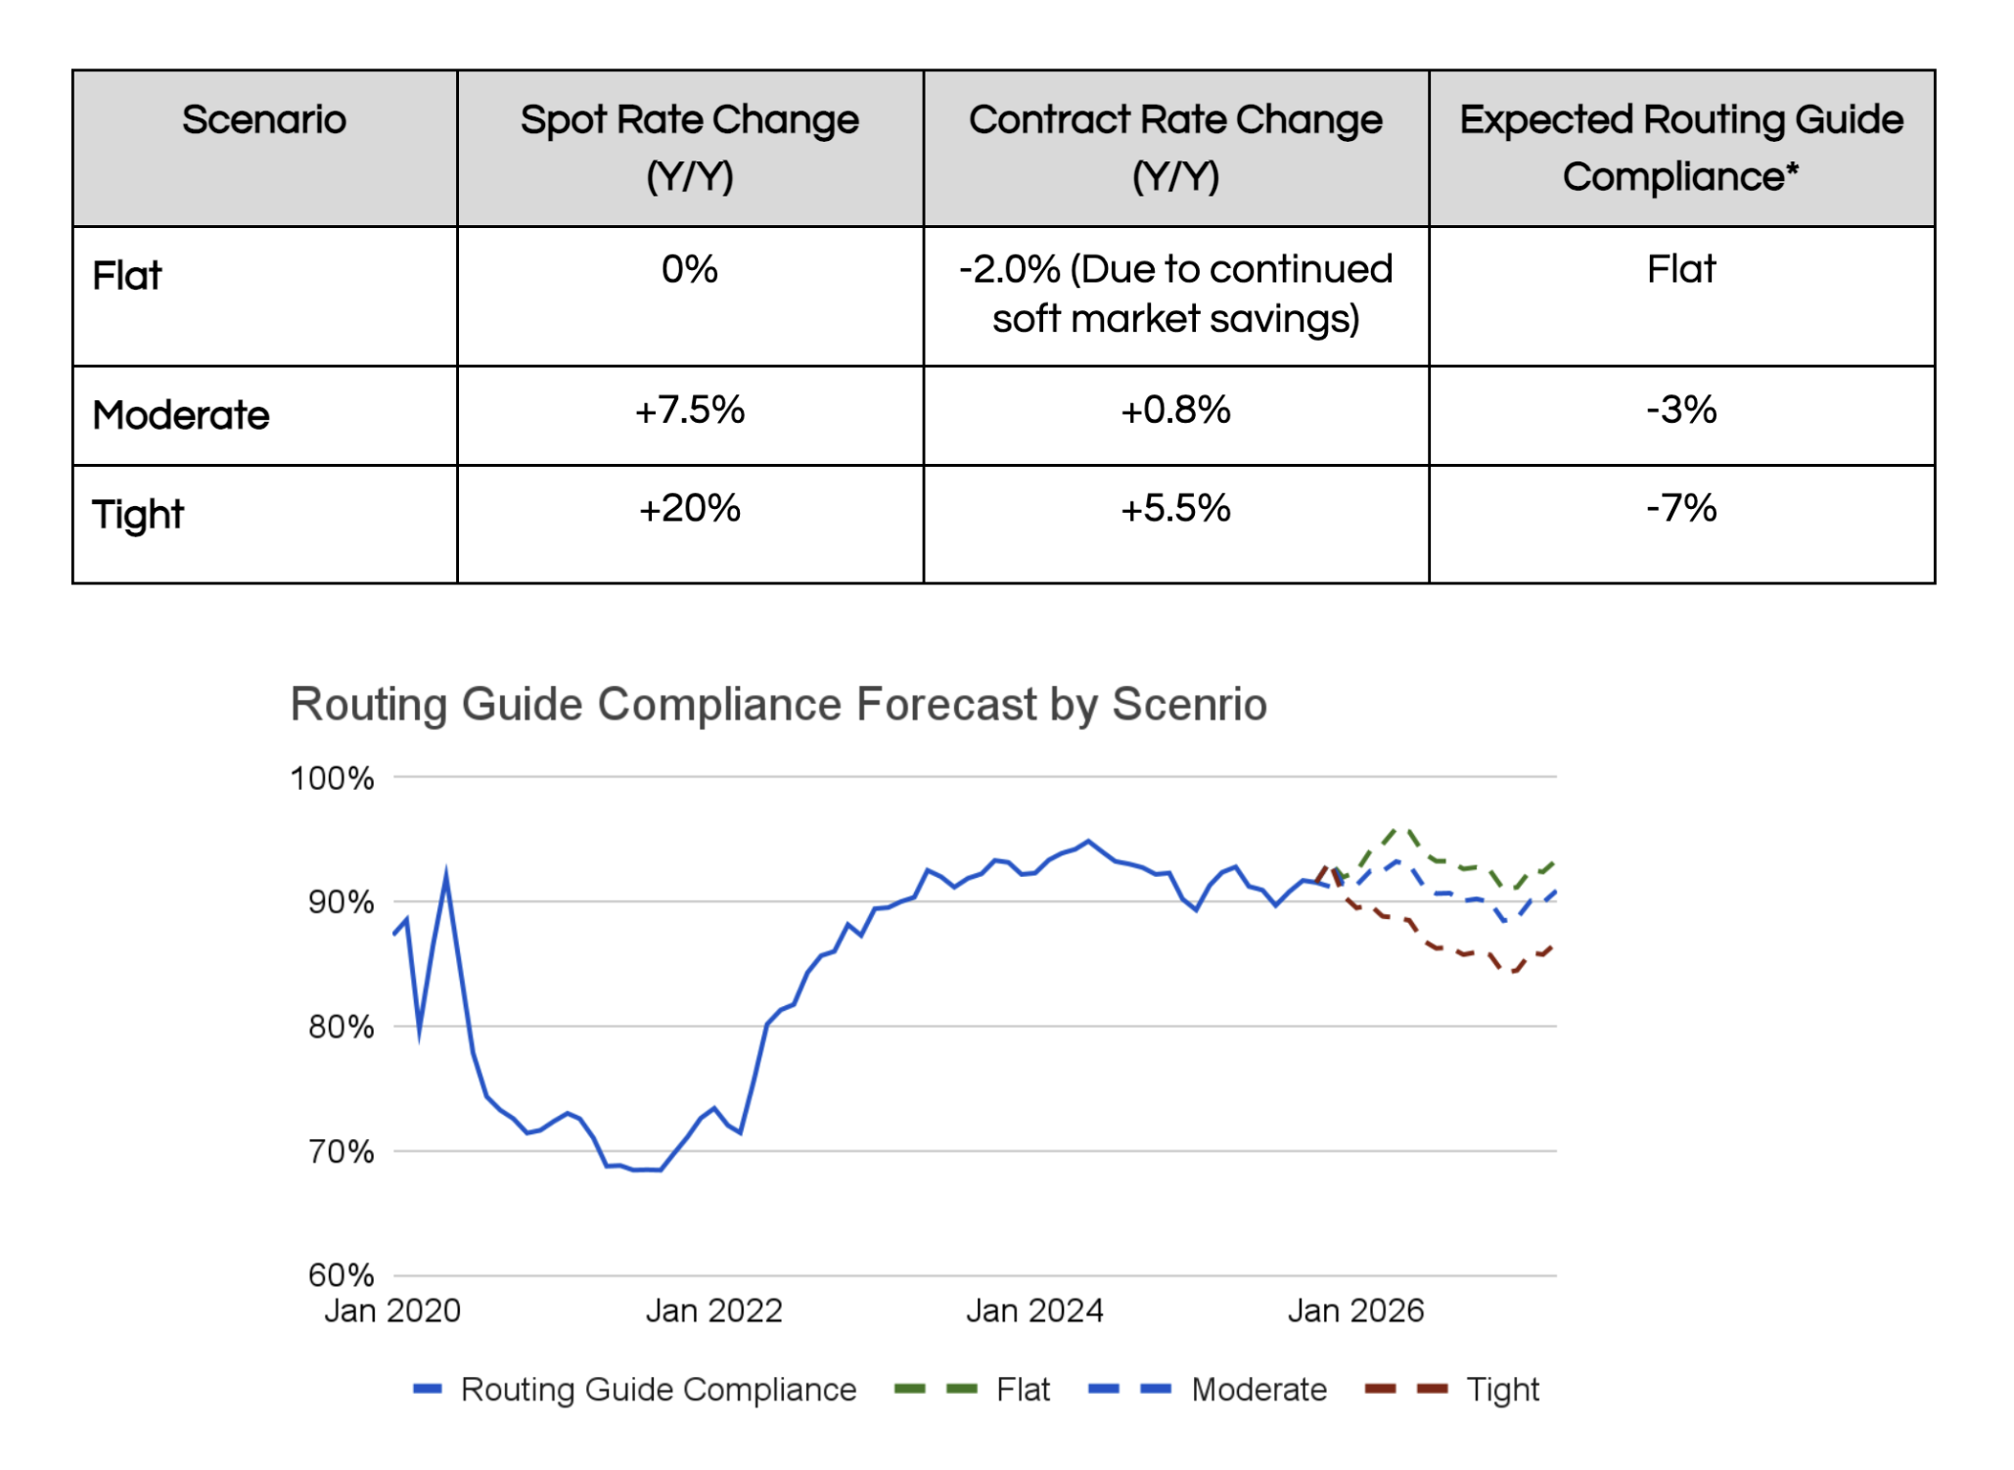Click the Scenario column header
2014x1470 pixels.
(x=264, y=120)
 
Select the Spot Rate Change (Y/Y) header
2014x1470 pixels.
(x=690, y=147)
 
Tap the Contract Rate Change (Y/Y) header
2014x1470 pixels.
(x=1175, y=147)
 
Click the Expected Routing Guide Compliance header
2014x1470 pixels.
(x=1681, y=147)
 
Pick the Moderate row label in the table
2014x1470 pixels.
(x=181, y=415)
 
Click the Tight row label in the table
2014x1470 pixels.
(x=138, y=515)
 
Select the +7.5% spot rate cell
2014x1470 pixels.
(x=690, y=410)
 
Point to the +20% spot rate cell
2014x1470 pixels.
(x=690, y=509)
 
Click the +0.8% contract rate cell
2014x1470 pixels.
(x=1175, y=410)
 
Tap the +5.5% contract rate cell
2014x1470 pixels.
(x=1175, y=509)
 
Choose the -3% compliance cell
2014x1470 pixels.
(x=1681, y=410)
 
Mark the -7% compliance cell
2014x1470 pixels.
(x=1681, y=509)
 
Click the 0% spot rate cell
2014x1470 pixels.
(x=690, y=269)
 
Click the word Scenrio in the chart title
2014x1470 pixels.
(x=1189, y=705)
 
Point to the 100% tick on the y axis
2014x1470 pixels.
(x=333, y=779)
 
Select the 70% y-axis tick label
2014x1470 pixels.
(x=341, y=1152)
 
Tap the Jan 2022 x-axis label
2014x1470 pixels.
(x=714, y=1310)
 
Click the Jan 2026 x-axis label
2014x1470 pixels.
(x=1355, y=1310)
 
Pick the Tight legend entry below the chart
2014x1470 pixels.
(x=1502, y=1390)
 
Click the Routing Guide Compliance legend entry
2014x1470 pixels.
(x=658, y=1390)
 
